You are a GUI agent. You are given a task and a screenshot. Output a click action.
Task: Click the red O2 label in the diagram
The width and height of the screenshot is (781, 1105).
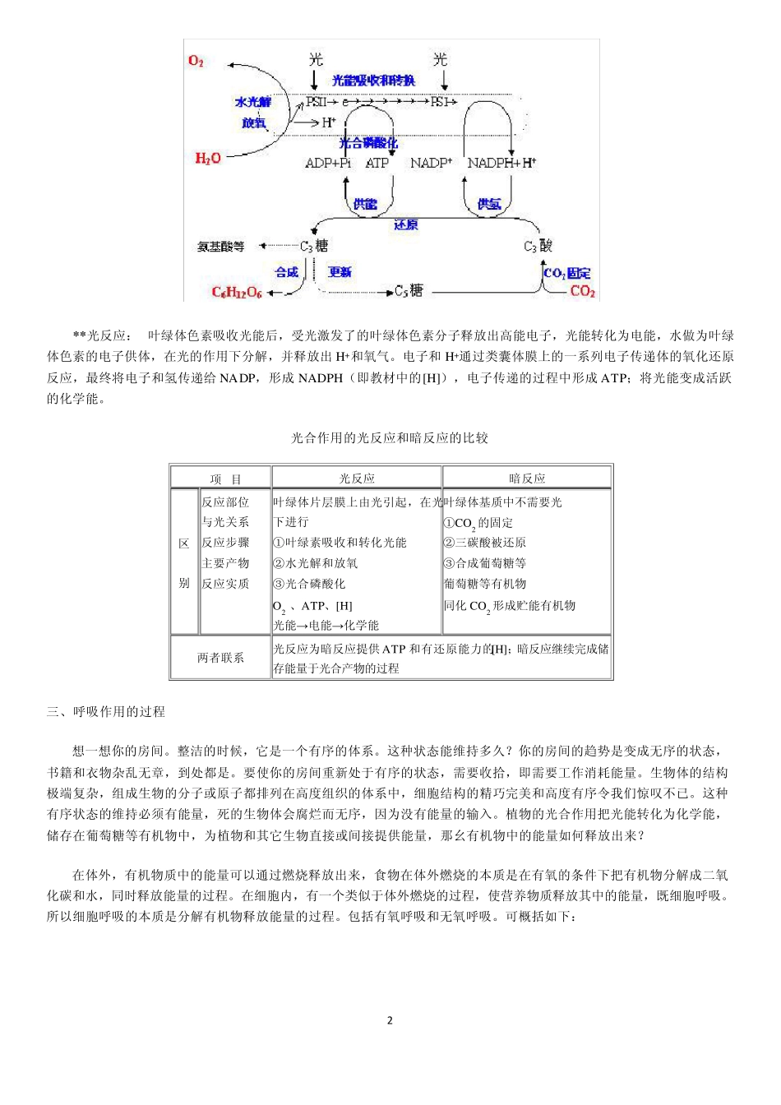pos(196,61)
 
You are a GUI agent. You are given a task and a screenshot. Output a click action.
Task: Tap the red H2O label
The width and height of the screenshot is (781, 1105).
pos(207,158)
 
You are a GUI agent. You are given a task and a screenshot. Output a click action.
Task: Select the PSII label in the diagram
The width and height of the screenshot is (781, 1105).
pos(316,102)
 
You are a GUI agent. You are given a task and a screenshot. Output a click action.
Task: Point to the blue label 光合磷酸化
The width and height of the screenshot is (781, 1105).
pos(368,143)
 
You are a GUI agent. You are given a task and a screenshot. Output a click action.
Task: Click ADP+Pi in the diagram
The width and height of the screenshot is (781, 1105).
pos(328,163)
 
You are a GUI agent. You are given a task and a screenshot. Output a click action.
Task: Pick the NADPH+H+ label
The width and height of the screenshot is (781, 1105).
pos(501,163)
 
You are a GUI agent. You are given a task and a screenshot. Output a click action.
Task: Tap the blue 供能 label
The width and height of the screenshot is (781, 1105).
pos(365,204)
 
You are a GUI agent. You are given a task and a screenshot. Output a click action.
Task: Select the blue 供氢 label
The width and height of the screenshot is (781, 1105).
pos(489,204)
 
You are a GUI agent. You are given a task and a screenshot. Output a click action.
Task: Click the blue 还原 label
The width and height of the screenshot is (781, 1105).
pos(405,224)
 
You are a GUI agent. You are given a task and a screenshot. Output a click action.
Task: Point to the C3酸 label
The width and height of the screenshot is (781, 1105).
pos(538,246)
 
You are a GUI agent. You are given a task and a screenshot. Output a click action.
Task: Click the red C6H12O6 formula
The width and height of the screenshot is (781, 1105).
pos(237,292)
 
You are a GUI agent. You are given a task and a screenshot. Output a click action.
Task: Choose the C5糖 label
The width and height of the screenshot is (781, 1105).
pos(409,291)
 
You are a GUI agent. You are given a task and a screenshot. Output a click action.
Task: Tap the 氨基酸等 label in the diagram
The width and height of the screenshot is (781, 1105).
pos(220,246)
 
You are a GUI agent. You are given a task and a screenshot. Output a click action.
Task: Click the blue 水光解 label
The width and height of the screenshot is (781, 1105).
pos(252,102)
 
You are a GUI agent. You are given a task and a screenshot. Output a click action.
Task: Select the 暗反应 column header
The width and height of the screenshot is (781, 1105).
pos(527,479)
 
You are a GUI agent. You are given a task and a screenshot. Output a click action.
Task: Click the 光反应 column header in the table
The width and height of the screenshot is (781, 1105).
pos(357,479)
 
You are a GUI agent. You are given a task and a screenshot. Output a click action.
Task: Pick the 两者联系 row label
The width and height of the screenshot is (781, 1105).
pos(220,658)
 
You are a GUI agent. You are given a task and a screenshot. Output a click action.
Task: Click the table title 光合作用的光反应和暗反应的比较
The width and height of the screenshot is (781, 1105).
pos(390,438)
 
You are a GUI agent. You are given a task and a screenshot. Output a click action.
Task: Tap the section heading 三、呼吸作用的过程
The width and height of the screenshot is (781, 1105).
pos(106,712)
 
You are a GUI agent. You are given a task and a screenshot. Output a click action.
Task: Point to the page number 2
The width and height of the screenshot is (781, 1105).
pos(390,1020)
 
